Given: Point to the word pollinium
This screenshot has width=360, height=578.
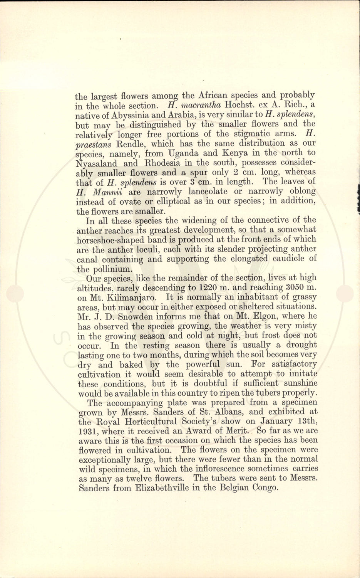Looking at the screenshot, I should coord(109,269).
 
